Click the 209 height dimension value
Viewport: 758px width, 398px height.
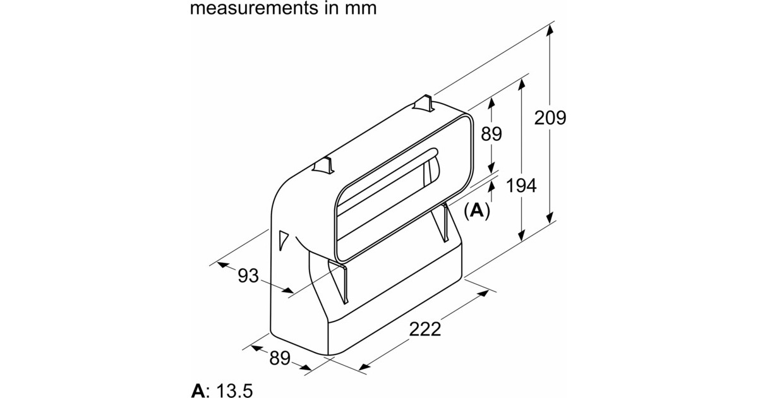(550, 118)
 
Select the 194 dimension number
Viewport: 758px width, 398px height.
(520, 186)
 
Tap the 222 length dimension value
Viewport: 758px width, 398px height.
(424, 329)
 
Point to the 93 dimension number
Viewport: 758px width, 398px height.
(249, 275)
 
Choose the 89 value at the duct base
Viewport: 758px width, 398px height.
(279, 358)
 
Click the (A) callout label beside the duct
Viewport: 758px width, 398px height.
(477, 211)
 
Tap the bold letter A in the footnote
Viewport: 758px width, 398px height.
(198, 390)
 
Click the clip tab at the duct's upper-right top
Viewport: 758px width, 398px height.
(424, 103)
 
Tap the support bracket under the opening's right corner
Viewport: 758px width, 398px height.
(447, 222)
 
